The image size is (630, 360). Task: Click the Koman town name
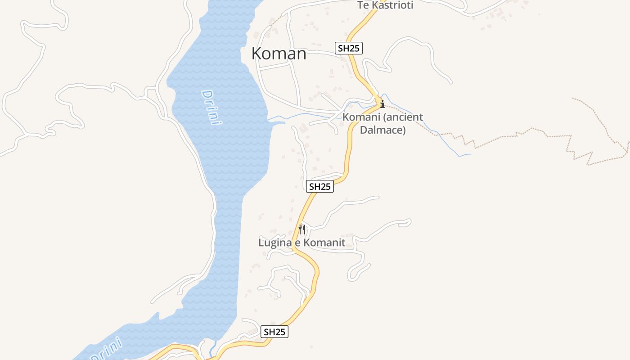tap(279, 54)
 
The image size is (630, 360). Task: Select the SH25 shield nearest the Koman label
tap(349, 48)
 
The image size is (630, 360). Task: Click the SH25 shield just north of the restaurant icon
tap(320, 186)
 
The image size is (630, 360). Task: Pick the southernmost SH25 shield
tap(274, 332)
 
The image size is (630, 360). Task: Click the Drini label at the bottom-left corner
tap(106, 349)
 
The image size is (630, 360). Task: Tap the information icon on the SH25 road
tap(382, 104)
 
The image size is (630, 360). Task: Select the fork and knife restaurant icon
tap(302, 229)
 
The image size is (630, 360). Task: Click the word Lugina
tap(274, 243)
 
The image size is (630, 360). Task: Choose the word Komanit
tap(323, 243)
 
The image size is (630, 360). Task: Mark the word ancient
tap(402, 117)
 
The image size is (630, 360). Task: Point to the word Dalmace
tap(382, 130)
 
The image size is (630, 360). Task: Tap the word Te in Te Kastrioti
tap(363, 5)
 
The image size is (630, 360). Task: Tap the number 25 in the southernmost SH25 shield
tap(280, 332)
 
